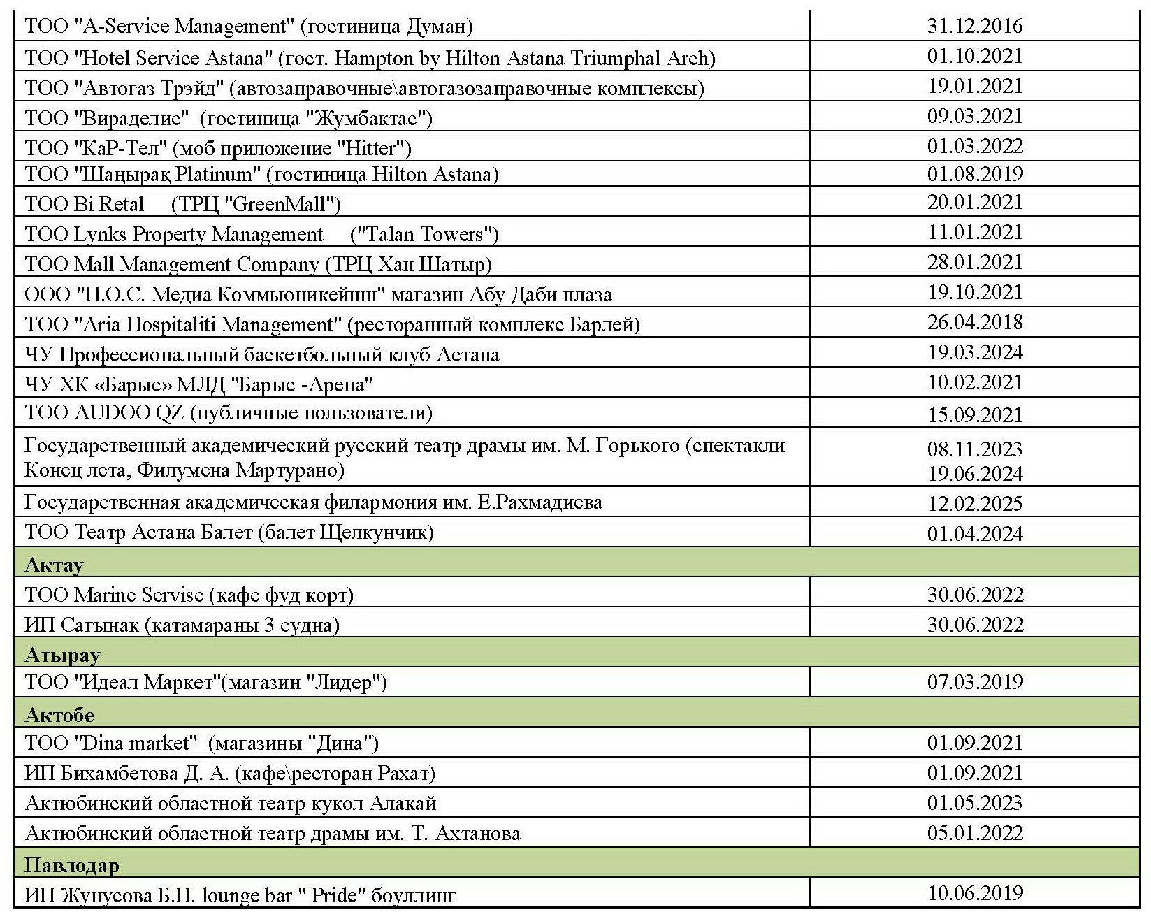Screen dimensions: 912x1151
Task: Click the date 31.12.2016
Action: [974, 26]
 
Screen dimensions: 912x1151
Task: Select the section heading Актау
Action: [54, 564]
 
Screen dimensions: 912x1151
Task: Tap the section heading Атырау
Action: [62, 655]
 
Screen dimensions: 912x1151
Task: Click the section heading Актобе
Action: [59, 715]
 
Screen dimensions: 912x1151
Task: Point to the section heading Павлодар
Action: [71, 865]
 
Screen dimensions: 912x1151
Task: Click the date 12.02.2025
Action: [974, 504]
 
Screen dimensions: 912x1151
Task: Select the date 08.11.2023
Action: [974, 449]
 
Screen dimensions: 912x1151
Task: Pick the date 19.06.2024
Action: [974, 474]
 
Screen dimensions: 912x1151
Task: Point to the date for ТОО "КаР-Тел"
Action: [974, 146]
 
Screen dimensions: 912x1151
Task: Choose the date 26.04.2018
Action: [974, 322]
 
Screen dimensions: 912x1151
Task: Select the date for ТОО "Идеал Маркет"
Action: [974, 681]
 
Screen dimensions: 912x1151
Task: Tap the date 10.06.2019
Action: [974, 892]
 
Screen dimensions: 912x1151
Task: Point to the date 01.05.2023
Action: [974, 802]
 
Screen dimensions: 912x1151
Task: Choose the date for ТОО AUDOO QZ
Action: [974, 415]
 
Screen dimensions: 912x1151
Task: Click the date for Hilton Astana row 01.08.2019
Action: [974, 173]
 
